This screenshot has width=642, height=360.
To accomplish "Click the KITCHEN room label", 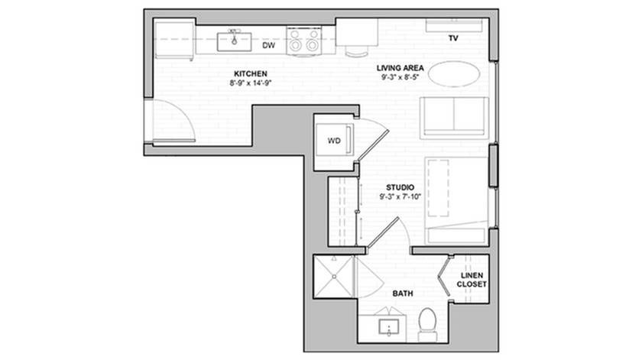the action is pyautogui.click(x=250, y=73).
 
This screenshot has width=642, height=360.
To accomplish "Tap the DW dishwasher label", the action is pyautogui.click(x=268, y=45).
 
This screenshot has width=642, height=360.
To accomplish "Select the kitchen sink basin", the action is pyautogui.click(x=234, y=42).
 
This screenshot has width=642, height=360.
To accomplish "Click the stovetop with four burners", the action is pyautogui.click(x=303, y=41).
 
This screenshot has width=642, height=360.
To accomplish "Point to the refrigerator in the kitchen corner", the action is pyautogui.click(x=174, y=40).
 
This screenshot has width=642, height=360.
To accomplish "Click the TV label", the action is pyautogui.click(x=452, y=38).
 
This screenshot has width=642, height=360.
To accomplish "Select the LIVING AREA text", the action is pyautogui.click(x=400, y=68).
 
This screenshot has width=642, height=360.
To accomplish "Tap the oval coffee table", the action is pyautogui.click(x=455, y=73).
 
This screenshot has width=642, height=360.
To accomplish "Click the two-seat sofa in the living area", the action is pyautogui.click(x=454, y=118).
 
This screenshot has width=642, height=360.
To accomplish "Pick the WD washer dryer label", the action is pyautogui.click(x=334, y=141).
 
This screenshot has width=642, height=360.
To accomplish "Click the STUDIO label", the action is pyautogui.click(x=400, y=187).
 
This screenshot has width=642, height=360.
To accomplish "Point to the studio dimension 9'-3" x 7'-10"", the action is pyautogui.click(x=400, y=196).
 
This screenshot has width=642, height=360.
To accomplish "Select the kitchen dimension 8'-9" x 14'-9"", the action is pyautogui.click(x=251, y=83).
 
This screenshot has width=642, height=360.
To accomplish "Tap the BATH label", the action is pyautogui.click(x=403, y=294).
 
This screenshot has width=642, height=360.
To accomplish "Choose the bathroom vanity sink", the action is pyautogui.click(x=388, y=328).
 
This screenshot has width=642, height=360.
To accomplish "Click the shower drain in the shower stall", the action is pyautogui.click(x=334, y=277).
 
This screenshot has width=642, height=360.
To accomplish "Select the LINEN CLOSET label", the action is pyautogui.click(x=472, y=280).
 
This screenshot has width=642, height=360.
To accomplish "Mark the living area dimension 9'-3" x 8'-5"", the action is pyautogui.click(x=400, y=77).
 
